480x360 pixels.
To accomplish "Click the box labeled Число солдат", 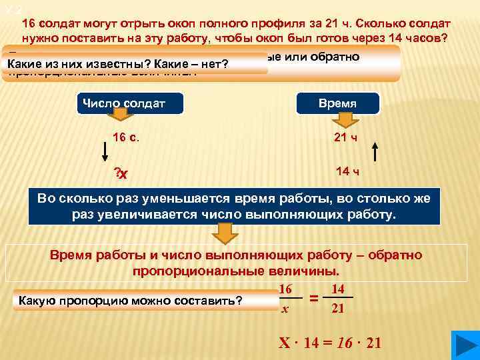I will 122,103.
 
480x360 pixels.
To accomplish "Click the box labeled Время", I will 337,104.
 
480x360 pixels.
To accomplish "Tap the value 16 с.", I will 126,137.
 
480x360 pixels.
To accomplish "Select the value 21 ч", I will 347,137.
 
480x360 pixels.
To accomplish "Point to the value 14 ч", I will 347,172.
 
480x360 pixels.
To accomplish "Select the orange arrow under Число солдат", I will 119,117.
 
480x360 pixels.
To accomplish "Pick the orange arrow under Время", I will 345,119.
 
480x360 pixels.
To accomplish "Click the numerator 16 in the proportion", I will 285,288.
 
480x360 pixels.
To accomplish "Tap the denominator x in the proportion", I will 285,309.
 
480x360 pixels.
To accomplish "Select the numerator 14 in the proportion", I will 338,288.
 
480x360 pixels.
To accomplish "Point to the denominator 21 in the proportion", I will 339,309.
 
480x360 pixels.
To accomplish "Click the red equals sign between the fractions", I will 313,299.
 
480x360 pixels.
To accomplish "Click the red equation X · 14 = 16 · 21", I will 329,343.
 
